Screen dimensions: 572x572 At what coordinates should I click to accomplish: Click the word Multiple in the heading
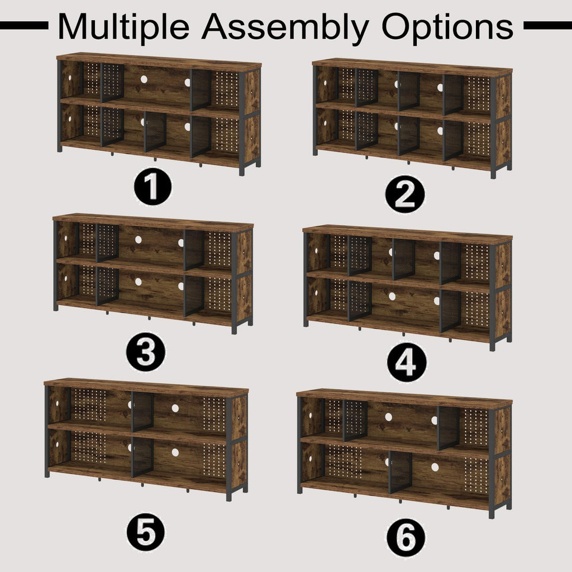(x=123, y=27)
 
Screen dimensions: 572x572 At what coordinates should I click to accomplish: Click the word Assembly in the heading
(x=285, y=27)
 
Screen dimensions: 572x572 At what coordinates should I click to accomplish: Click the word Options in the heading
(x=447, y=27)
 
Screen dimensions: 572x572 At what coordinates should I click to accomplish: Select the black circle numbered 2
(x=405, y=194)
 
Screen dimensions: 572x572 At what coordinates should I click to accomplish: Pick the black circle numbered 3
(x=146, y=352)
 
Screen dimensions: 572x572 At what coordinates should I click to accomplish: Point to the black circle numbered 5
(x=146, y=532)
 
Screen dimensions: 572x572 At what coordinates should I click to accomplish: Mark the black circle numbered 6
(x=406, y=538)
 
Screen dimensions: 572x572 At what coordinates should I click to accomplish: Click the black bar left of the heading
(x=24, y=26)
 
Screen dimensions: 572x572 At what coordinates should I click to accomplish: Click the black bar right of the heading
(x=547, y=26)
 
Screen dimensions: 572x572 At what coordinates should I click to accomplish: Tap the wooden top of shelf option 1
(x=159, y=62)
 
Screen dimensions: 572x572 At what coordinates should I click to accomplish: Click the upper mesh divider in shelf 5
(x=142, y=412)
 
